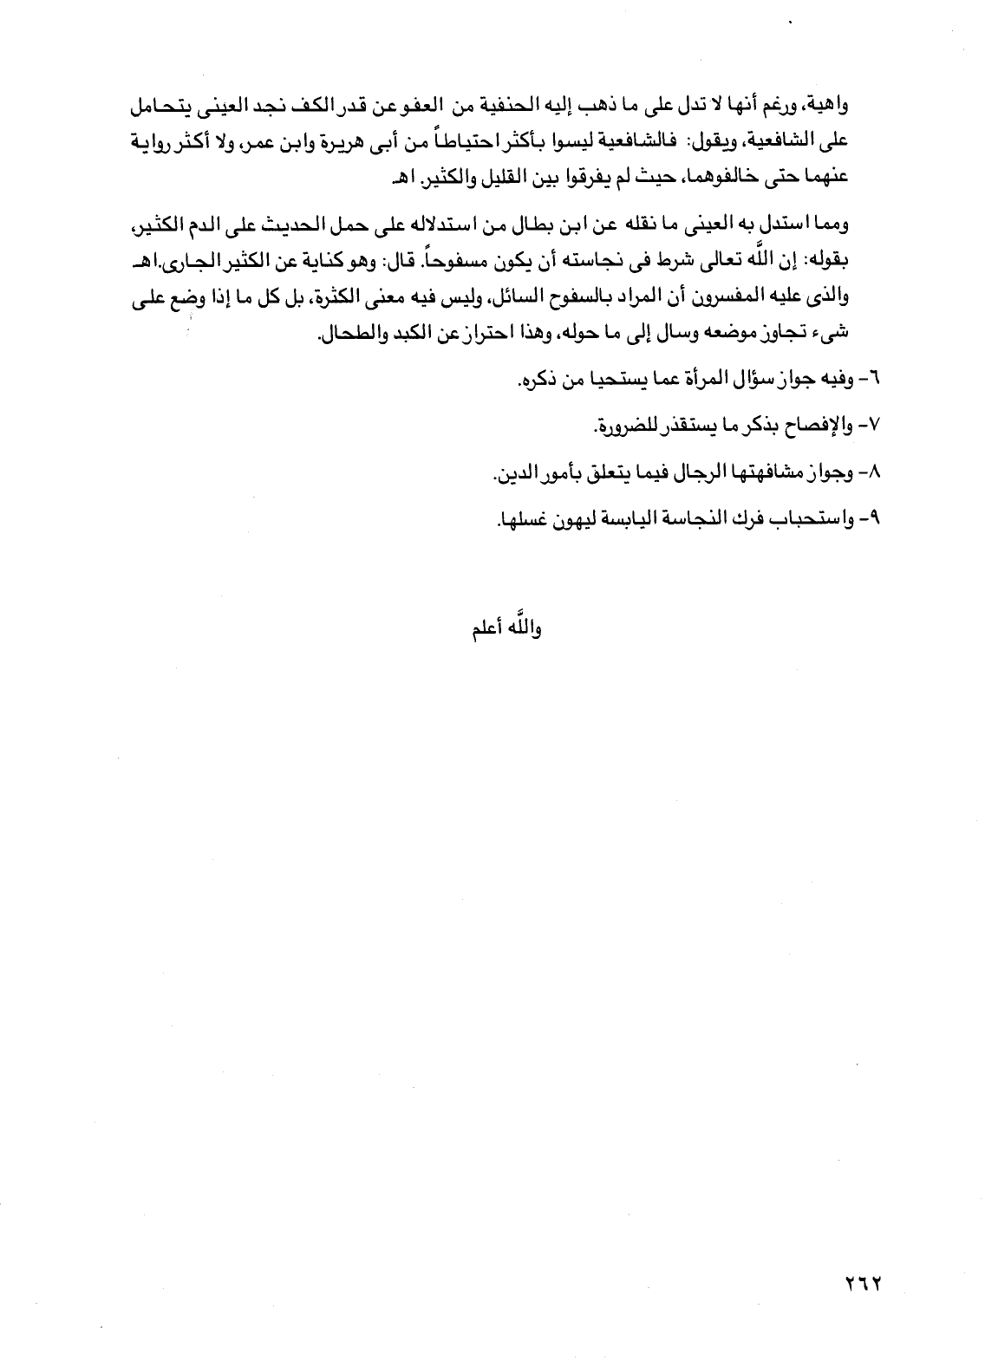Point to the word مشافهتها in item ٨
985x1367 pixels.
[x=778, y=472]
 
